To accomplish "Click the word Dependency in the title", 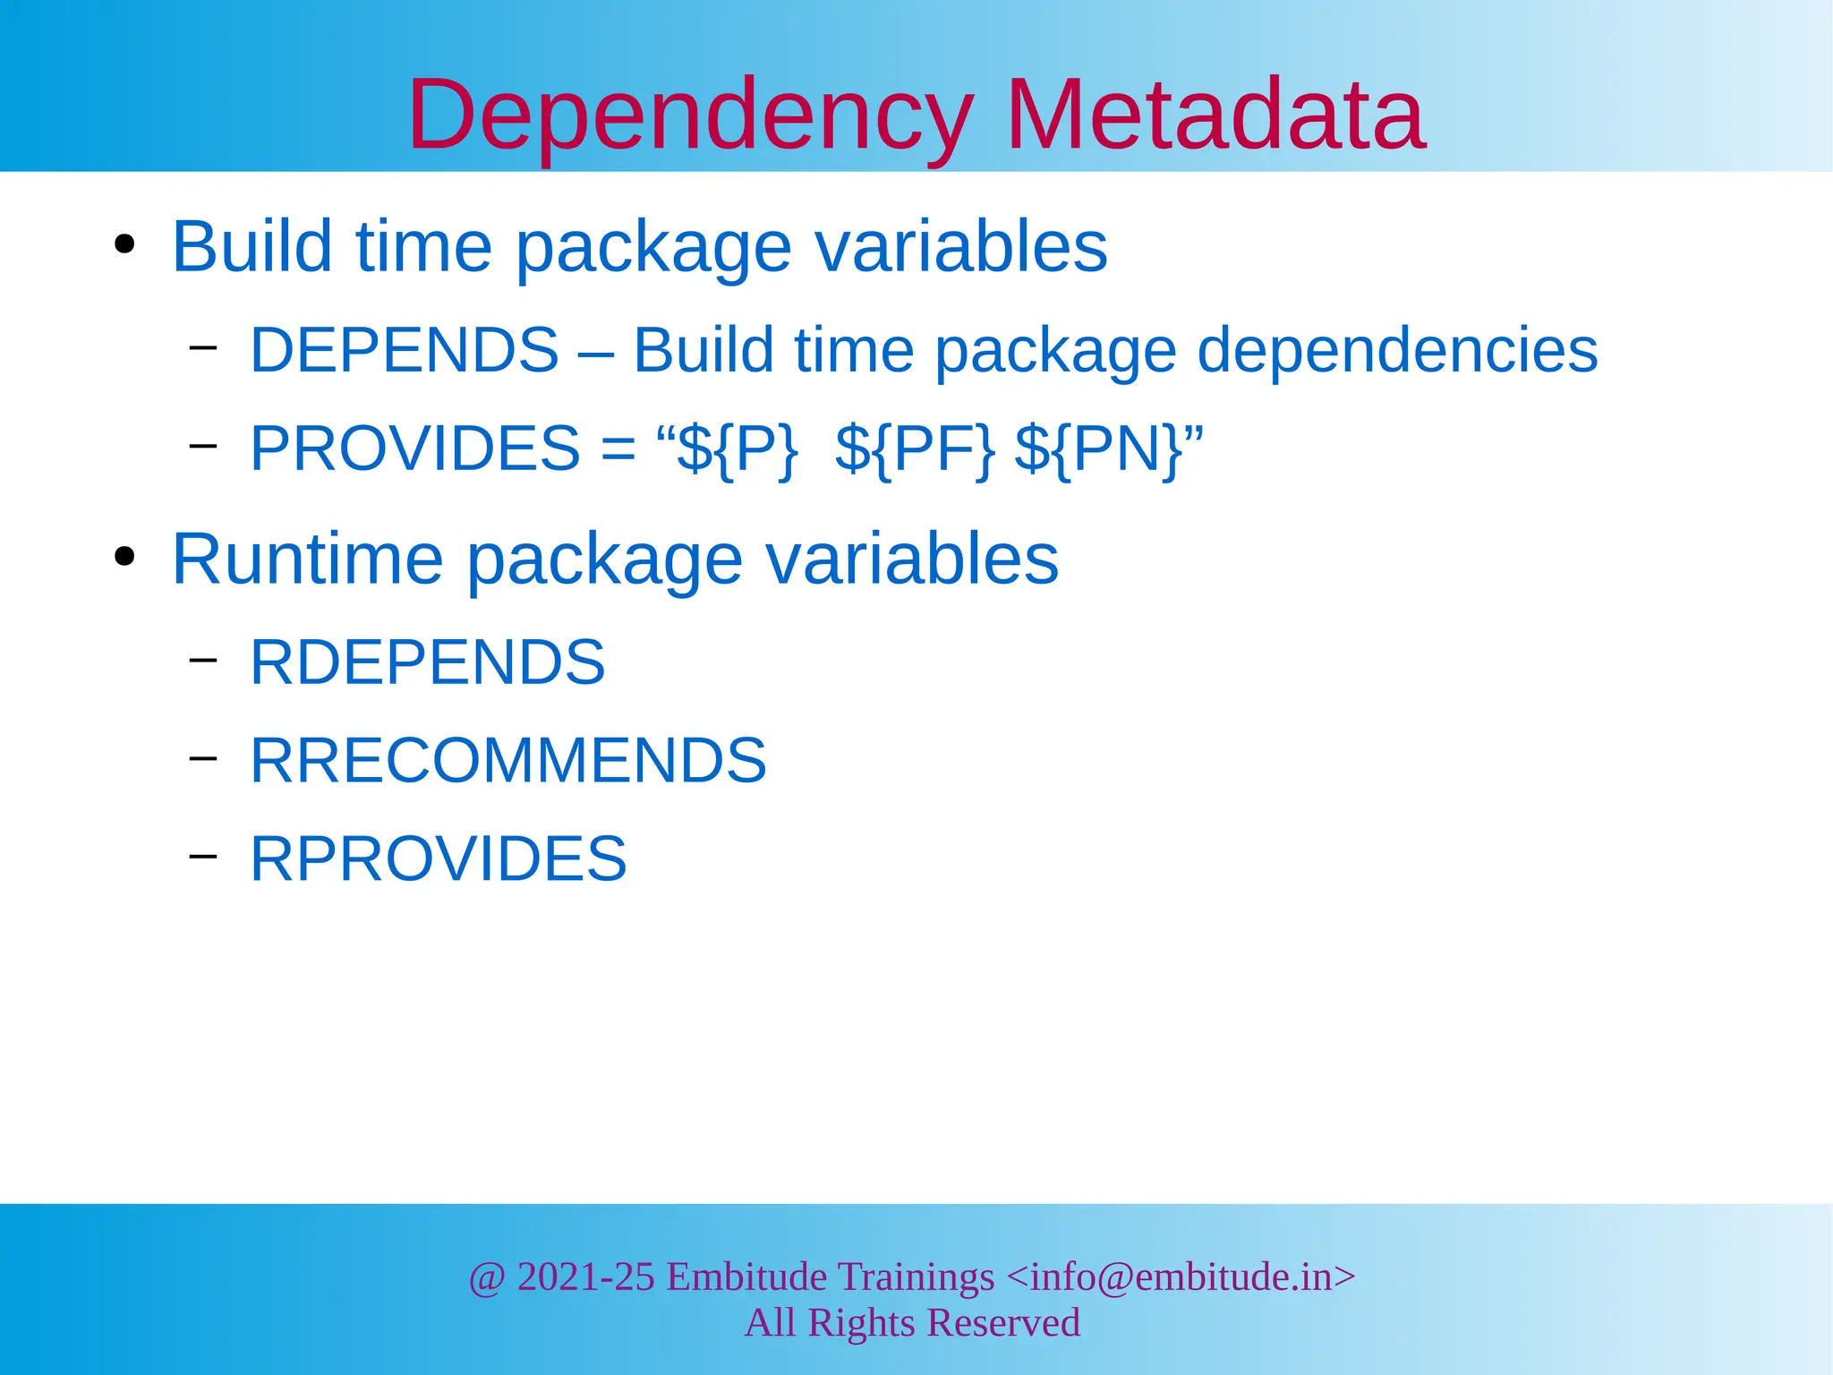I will (x=689, y=116).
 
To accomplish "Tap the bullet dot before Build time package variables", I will (x=124, y=244).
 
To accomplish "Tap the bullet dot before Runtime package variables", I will (x=124, y=557).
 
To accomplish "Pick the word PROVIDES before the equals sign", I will (x=415, y=448).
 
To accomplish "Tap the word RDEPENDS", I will (x=427, y=662).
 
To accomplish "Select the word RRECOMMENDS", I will (x=507, y=761).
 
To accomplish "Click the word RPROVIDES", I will (x=438, y=858).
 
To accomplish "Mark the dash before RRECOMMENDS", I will (x=203, y=758).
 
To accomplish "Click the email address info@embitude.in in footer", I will (x=1181, y=1277).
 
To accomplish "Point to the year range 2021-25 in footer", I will (x=585, y=1277).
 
